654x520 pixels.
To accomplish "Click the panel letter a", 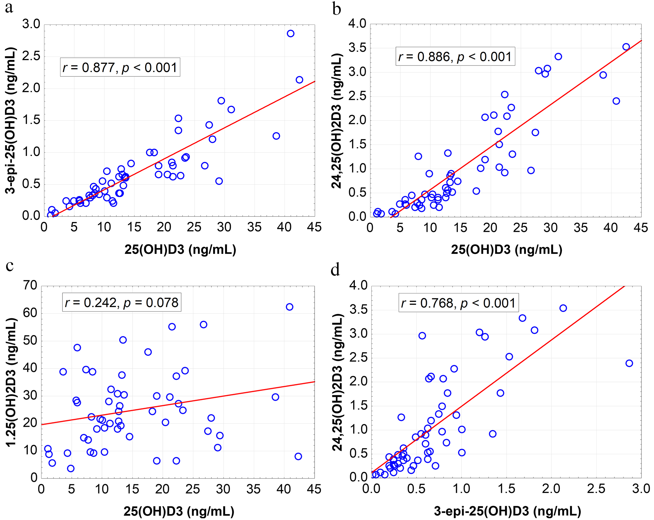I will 9,8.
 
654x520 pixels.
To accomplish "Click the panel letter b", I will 336,9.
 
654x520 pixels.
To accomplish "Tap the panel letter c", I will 10,266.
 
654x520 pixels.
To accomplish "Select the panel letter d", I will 335,269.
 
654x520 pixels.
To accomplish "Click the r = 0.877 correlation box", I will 120,67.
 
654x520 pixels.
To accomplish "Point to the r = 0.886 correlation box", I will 455,57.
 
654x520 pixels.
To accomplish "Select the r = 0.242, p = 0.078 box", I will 122,302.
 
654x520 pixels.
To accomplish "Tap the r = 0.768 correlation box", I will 458,303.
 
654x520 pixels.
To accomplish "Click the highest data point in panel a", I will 290,33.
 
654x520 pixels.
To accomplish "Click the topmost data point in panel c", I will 289,307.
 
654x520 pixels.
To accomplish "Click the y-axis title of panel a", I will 11,120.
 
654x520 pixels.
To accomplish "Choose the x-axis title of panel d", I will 507,511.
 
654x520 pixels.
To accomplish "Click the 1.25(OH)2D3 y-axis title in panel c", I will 11,382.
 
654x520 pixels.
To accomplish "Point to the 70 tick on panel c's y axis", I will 30,285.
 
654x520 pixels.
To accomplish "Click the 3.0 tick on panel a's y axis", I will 31,24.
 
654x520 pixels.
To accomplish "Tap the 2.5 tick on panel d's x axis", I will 596,489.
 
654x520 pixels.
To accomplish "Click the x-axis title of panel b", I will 506,249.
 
